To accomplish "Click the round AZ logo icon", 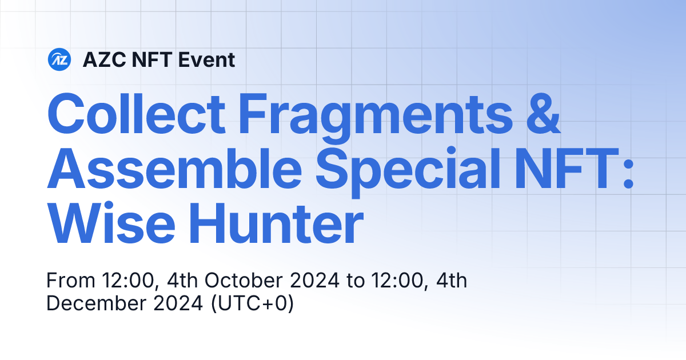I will pos(59,59).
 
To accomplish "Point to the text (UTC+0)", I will pos(252,303).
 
